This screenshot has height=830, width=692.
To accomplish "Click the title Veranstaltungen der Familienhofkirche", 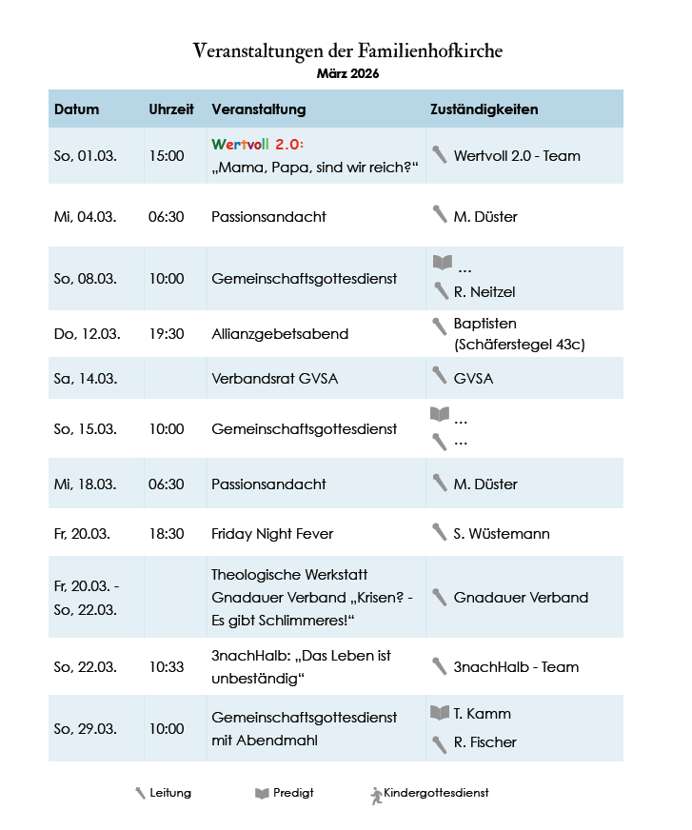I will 346,50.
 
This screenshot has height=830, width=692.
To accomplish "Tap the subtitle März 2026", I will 346,73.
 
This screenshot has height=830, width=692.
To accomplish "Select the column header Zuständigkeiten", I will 484,109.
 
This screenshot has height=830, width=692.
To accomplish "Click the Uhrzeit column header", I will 171,109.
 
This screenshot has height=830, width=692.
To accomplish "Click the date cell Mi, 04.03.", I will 86,217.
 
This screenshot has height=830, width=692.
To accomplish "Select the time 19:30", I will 167,334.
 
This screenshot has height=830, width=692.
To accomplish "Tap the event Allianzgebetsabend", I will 280,334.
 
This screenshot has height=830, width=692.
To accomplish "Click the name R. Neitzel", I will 484,292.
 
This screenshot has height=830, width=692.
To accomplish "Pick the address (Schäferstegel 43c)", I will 520,345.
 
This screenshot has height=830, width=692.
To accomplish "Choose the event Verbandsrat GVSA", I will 274,379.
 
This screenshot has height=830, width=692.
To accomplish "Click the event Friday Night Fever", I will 272,534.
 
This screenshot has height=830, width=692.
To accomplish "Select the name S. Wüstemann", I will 502,534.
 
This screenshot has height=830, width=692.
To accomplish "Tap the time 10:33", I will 167,667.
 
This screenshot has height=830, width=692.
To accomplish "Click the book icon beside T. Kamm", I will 439,713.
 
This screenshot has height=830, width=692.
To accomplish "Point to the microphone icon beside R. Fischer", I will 439,742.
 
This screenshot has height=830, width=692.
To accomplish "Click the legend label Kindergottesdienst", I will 436,793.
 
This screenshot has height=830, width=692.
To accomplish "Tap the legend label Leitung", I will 170,793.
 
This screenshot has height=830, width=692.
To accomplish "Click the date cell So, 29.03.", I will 86,729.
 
